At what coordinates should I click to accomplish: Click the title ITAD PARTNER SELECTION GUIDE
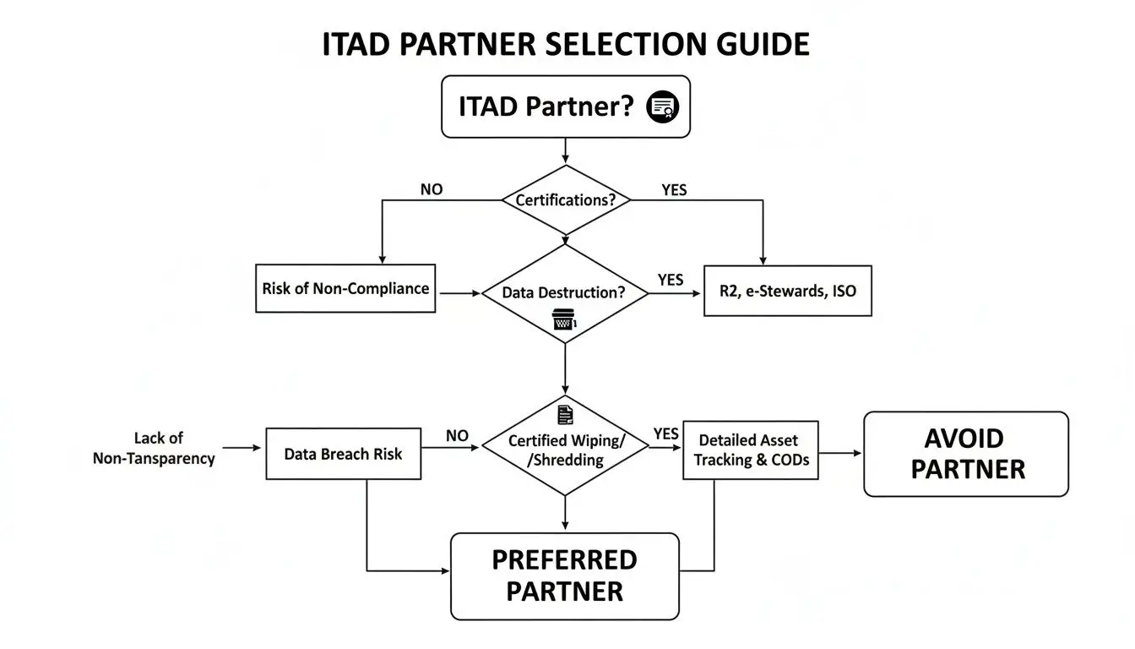tap(566, 44)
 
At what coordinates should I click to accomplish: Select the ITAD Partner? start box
tap(565, 106)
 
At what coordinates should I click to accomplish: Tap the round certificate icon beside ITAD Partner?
tap(662, 107)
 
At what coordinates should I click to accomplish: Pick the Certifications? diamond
tap(565, 201)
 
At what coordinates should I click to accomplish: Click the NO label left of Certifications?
tap(431, 190)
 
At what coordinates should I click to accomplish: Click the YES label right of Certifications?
tap(674, 190)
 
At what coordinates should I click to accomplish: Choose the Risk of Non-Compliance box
tap(345, 288)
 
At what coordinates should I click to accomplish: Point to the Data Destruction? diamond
tap(564, 292)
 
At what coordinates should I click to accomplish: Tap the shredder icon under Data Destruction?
tap(563, 320)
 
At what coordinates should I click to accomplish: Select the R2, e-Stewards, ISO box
tap(787, 292)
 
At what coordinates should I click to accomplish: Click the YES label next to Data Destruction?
tap(670, 280)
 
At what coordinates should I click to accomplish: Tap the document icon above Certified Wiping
tap(565, 414)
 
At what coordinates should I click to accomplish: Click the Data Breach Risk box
tap(343, 454)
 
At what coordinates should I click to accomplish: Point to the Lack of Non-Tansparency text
tap(154, 449)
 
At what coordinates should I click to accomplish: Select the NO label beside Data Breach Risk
tap(457, 435)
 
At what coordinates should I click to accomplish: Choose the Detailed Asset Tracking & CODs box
tap(750, 450)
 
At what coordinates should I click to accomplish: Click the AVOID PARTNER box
tap(965, 454)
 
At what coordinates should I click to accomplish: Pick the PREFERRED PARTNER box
tap(564, 575)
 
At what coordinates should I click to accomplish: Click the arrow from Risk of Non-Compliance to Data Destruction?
tap(459, 293)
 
